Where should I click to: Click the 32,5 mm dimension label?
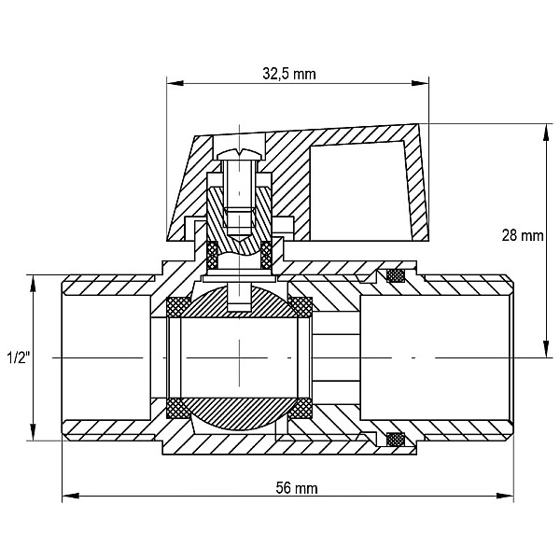[x=289, y=74]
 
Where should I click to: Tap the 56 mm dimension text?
[x=297, y=488]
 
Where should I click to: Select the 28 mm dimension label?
[x=523, y=236]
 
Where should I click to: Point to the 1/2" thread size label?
[x=18, y=357]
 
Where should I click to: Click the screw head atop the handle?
[x=240, y=155]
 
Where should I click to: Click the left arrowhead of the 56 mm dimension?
[x=71, y=496]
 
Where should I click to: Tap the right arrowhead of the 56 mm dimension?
[x=505, y=496]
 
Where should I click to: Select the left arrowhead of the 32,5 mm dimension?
[x=175, y=83]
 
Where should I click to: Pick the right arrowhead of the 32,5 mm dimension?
[x=420, y=83]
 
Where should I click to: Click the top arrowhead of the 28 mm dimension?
[x=546, y=133]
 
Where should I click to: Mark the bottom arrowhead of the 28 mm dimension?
[x=546, y=349]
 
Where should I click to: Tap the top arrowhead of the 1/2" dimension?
[x=33, y=284]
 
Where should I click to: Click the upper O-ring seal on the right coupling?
[x=396, y=275]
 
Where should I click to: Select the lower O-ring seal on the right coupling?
[x=396, y=439]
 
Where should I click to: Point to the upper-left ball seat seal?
[x=179, y=307]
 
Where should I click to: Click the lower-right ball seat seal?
[x=301, y=408]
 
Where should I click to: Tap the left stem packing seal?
[x=213, y=256]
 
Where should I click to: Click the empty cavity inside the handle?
[x=360, y=191]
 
